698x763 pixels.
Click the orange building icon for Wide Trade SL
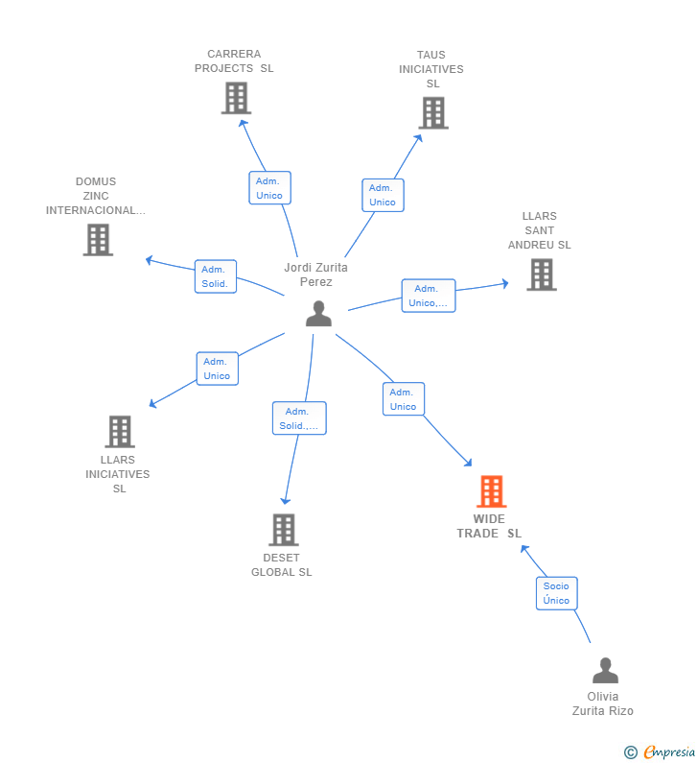coord(491,491)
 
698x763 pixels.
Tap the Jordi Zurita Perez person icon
coord(318,314)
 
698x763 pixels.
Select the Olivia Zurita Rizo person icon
coord(605,670)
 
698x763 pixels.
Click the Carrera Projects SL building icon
coord(236,98)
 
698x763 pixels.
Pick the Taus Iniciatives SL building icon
coord(432,113)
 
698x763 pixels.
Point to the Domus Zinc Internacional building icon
coord(98,240)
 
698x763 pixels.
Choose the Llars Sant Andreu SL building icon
coord(541,274)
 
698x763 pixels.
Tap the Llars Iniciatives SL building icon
coord(119,432)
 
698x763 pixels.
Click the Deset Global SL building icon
coord(283,530)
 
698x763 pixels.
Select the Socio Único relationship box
coord(556,593)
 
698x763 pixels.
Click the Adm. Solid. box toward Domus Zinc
coord(215,276)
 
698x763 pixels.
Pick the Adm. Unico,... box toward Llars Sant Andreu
coord(428,296)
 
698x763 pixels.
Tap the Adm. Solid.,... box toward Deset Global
coord(298,418)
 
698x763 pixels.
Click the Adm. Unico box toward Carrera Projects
coord(269,188)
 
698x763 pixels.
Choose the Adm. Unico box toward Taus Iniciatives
coord(383,195)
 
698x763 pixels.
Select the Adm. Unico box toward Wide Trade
coord(403,399)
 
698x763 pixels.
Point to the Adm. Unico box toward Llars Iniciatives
coord(217,369)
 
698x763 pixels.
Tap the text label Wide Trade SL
coord(489,526)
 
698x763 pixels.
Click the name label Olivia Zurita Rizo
coord(603,703)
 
